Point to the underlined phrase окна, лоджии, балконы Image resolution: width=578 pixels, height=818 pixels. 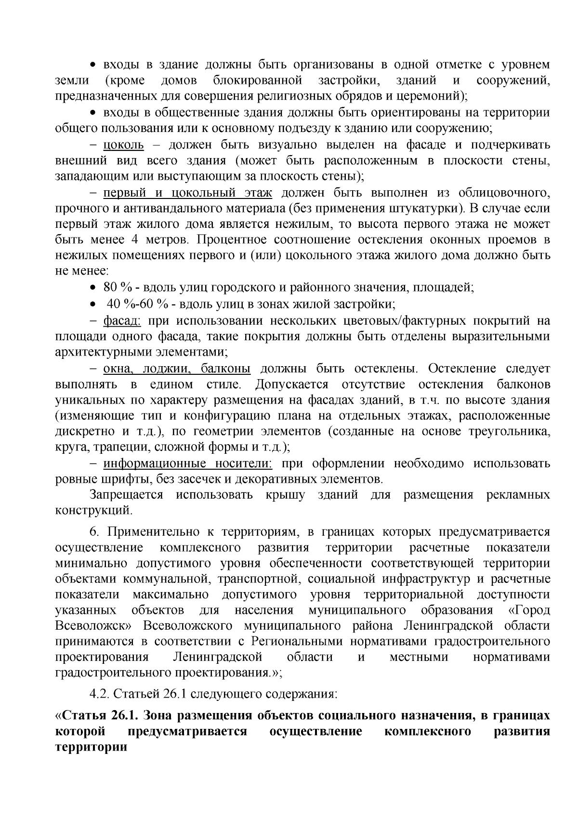pos(177,369)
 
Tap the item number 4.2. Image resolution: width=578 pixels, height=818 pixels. pos(100,694)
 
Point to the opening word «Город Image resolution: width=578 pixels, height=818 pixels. pos(529,610)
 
